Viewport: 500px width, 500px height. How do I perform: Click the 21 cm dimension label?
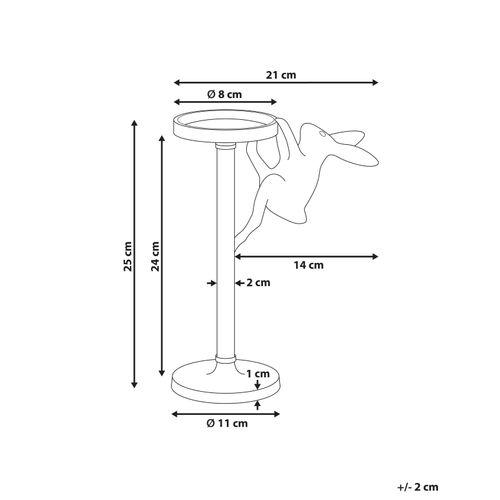coord(281,75)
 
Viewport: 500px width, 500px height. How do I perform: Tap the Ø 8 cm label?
coord(224,94)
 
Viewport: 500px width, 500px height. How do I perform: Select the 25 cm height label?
coord(128,256)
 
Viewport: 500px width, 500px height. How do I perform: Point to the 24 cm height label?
coord(155,256)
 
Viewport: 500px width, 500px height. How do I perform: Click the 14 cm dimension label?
coord(308,265)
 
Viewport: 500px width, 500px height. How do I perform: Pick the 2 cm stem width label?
coord(258,283)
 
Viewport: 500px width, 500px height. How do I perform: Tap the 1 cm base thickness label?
coord(258,374)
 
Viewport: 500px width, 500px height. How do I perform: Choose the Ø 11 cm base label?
coord(227,423)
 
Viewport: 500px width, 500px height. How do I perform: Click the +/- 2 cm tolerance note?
coord(418,487)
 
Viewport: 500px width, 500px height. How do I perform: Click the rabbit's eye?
coord(322,134)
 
